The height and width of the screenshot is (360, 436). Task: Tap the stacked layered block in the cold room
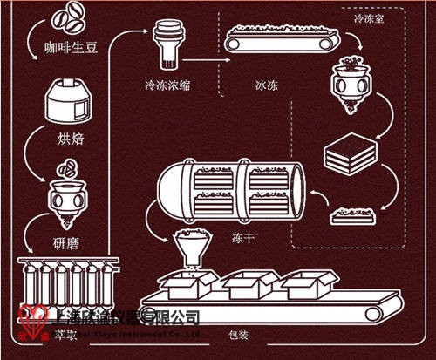[x=349, y=157]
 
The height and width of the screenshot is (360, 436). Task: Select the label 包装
[x=237, y=332]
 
